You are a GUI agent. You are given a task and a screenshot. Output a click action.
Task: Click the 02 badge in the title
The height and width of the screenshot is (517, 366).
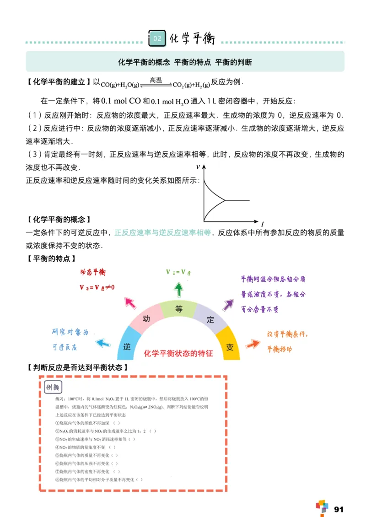[157, 38]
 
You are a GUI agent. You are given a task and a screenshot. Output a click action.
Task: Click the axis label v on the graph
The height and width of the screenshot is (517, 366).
[198, 166]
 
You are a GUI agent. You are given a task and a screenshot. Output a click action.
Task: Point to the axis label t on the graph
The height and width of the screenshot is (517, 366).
[262, 224]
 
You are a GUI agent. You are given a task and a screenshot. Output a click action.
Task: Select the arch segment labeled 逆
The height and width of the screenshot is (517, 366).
[127, 346]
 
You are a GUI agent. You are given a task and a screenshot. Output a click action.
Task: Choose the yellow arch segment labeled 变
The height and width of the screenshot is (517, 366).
[230, 346]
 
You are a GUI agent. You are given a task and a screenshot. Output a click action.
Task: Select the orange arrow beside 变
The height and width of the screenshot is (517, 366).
[252, 343]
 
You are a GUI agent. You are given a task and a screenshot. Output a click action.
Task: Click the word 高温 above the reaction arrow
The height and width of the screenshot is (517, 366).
[156, 80]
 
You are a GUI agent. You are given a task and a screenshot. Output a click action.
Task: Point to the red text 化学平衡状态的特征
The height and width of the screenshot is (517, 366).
[178, 354]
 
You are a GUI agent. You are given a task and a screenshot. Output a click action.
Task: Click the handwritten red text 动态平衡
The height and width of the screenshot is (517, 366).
[93, 273]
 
